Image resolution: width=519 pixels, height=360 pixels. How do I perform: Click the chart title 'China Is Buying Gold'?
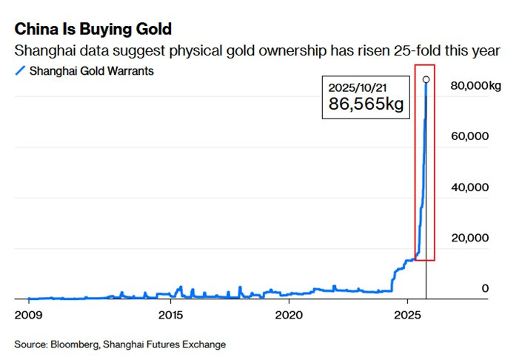93,29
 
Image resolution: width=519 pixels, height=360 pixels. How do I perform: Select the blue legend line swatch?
20,71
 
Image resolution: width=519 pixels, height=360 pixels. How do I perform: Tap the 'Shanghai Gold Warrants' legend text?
92,71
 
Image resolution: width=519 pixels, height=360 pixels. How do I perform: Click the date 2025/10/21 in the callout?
358,87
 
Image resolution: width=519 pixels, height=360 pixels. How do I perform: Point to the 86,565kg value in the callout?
366,104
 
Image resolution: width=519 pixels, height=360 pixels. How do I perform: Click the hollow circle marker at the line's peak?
426,79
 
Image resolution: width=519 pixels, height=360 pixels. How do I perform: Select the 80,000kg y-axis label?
475,86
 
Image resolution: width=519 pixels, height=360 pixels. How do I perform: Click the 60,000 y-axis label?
469,136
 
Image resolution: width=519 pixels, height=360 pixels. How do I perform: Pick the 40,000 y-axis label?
469,187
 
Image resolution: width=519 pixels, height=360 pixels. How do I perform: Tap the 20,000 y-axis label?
469,238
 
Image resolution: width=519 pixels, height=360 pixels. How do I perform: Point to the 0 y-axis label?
485,288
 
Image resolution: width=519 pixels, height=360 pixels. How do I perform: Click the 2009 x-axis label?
28,315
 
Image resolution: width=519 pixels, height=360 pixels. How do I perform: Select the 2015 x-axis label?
170,315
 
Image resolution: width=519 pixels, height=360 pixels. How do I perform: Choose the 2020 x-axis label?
289,315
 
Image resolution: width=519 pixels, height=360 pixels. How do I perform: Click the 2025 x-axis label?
407,315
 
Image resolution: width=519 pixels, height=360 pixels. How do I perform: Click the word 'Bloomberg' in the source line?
75,344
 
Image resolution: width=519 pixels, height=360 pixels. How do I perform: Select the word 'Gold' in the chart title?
154,29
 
